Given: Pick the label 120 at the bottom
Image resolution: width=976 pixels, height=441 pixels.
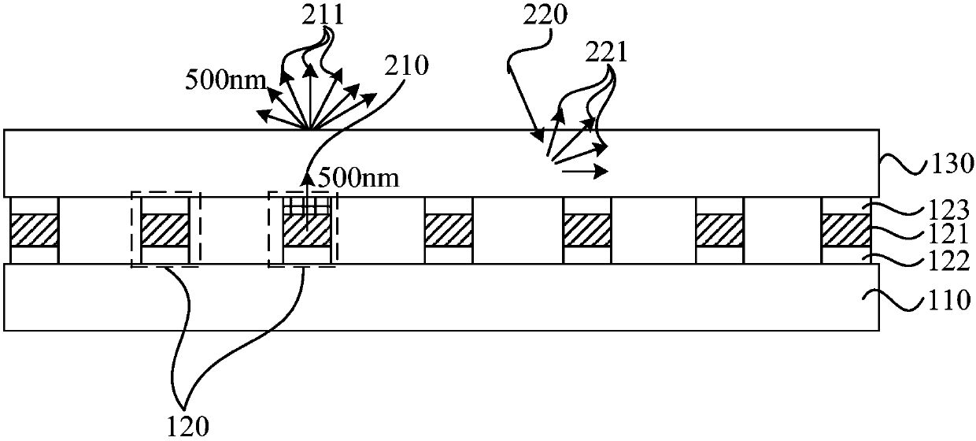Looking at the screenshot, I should click(x=189, y=426).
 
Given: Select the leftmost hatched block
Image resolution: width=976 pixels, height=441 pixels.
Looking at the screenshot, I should click(x=34, y=231).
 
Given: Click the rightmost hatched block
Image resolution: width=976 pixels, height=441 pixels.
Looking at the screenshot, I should click(x=846, y=231).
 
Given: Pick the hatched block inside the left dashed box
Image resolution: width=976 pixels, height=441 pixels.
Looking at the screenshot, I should click(x=165, y=231).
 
